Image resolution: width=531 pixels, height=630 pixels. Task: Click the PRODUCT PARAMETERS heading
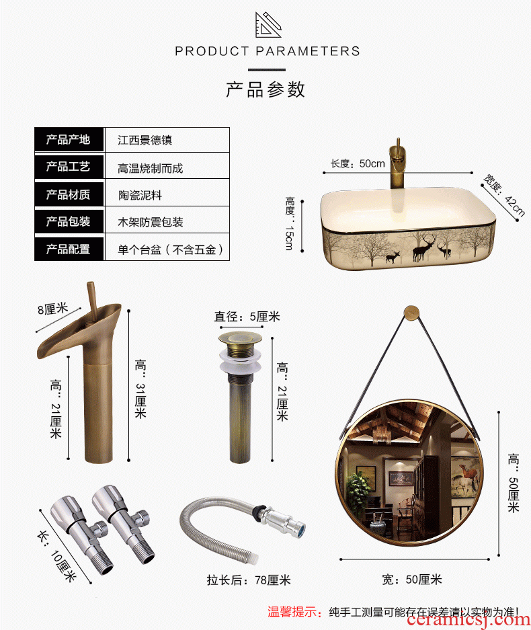(267, 51)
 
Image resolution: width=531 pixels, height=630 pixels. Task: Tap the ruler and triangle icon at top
(268, 24)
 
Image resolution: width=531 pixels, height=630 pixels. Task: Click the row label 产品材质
(68, 195)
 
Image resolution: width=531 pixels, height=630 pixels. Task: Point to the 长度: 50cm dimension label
(358, 163)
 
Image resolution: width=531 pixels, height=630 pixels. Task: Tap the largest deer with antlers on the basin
(423, 247)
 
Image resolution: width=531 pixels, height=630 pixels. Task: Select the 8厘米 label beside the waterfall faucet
(53, 309)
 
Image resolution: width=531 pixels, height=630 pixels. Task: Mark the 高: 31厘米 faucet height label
(140, 389)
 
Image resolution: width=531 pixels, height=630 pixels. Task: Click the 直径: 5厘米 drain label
(247, 317)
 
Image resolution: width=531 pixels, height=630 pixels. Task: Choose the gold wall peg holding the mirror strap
(411, 313)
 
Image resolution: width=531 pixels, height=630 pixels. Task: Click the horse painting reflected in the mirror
(465, 479)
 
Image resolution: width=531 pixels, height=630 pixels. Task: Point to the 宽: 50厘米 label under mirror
(412, 580)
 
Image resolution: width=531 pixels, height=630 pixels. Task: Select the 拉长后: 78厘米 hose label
(249, 580)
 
